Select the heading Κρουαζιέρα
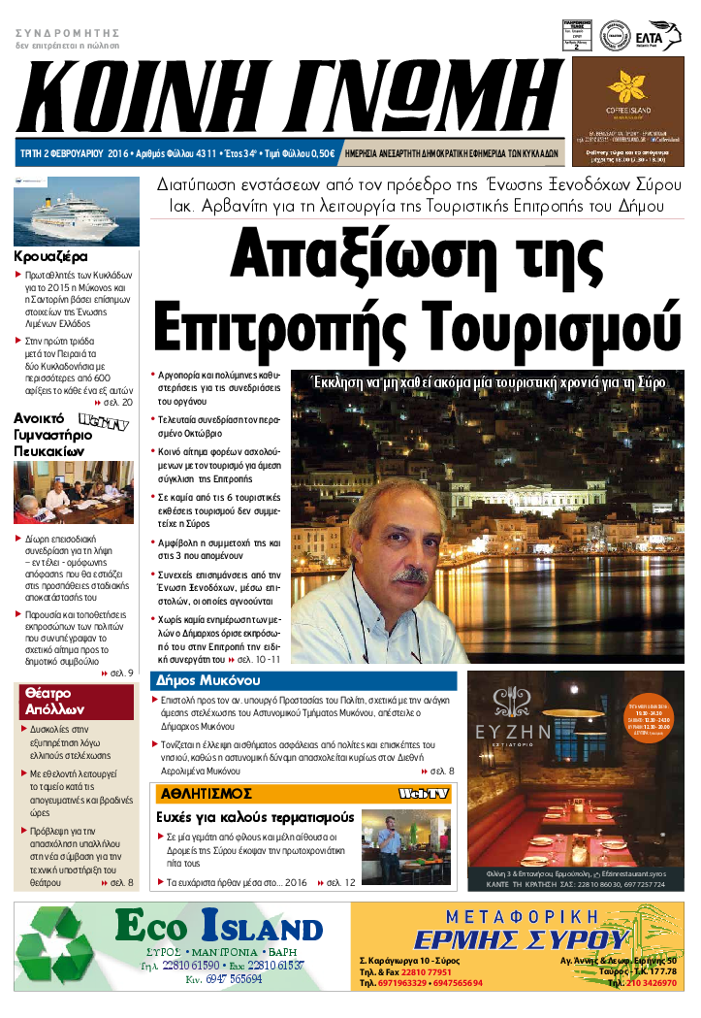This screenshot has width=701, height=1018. click(50, 257)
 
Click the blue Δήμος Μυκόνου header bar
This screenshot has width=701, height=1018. click(303, 680)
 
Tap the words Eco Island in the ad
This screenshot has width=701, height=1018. click(218, 928)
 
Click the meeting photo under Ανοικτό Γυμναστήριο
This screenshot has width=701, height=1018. click(74, 492)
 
